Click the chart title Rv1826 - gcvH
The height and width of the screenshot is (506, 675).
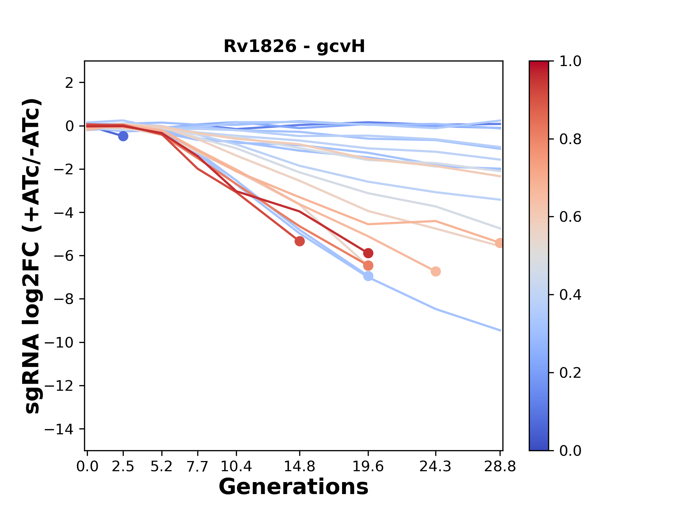pos(294,46)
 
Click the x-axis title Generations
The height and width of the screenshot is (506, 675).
pos(294,487)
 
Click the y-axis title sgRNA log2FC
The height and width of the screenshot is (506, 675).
pos(32,255)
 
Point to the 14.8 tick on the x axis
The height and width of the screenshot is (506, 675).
pos(299,467)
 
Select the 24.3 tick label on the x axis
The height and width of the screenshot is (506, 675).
pos(435,467)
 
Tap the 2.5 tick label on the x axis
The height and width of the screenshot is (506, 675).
pos(123,467)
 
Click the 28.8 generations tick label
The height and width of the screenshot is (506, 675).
pos(500,467)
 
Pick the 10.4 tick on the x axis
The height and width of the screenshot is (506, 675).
pos(236,467)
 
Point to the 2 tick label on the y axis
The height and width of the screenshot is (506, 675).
pos(70,83)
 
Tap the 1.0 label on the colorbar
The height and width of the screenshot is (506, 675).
pos(570,61)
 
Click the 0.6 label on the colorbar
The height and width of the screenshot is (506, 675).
pos(570,217)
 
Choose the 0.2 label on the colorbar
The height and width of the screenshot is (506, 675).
pos(570,372)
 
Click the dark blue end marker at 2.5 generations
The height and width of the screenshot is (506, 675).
pos(123,136)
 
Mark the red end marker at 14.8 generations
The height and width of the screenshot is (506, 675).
pos(300,241)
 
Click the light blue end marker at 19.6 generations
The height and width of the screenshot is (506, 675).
pos(368,276)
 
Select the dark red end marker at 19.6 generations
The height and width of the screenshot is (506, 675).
pos(368,253)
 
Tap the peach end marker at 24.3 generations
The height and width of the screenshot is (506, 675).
pos(436,271)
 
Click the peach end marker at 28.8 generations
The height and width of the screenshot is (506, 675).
pos(500,243)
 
